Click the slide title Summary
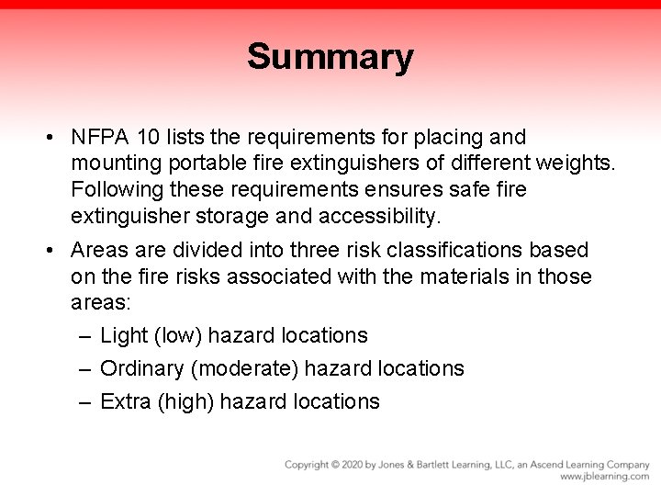pos(330,57)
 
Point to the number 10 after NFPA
pos(147,138)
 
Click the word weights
pos(574,164)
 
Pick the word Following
pos(115,190)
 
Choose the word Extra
pos(126,402)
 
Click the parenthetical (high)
pos(185,402)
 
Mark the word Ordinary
pos(141,369)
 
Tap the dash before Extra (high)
pos(84,402)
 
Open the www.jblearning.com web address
pos(605,477)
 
